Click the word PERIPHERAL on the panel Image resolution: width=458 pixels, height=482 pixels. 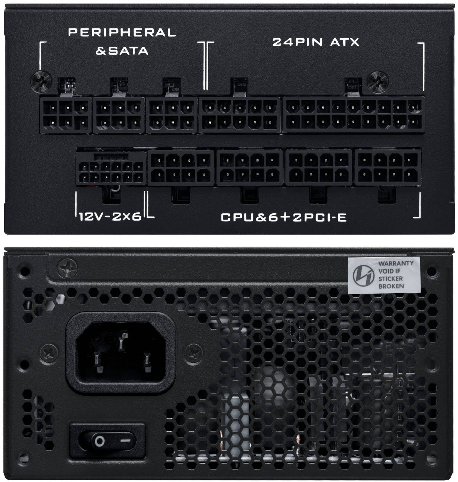122,32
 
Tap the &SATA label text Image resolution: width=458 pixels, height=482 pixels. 122,51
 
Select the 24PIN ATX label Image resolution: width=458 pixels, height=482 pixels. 316,42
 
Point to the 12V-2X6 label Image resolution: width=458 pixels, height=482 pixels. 110,216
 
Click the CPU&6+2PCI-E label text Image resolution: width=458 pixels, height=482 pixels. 283,217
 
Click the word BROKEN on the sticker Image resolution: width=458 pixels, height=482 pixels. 391,286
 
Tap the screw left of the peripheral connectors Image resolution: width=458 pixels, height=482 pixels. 41,81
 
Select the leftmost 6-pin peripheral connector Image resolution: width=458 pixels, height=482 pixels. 66,115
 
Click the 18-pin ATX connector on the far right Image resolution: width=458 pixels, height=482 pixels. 353,115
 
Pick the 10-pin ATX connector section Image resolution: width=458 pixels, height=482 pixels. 240,115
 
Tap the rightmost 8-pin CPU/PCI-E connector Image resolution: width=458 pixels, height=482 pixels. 388,167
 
